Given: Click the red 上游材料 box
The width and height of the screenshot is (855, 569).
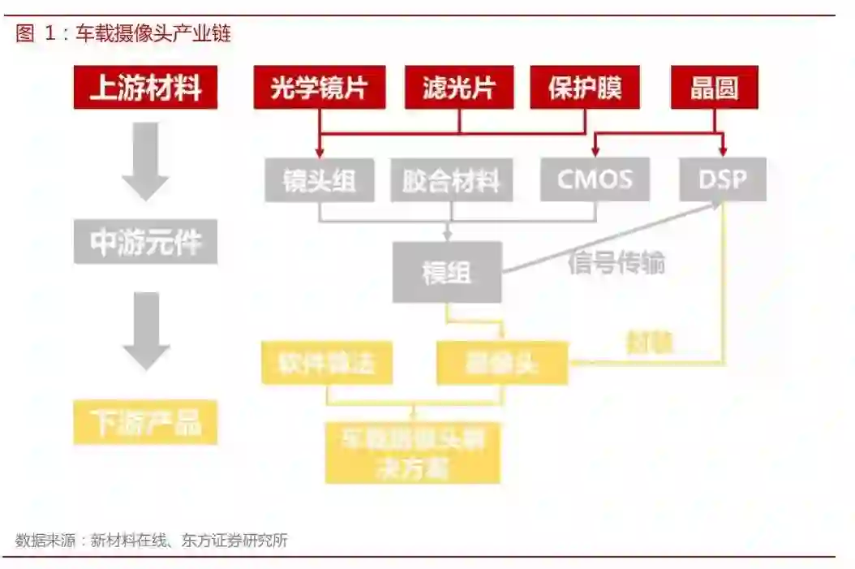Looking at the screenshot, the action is click(x=146, y=88).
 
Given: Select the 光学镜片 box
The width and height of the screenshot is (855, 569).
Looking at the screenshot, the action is click(x=319, y=88).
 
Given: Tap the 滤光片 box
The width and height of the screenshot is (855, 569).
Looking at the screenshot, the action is click(x=459, y=88).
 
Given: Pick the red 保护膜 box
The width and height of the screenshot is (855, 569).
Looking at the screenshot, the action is click(x=585, y=88).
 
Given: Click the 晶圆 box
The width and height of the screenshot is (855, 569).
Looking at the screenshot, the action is click(x=714, y=88).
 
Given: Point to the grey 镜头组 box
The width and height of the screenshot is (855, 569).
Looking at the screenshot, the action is click(x=319, y=179).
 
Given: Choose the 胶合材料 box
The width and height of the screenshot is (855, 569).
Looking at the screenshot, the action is click(x=451, y=179).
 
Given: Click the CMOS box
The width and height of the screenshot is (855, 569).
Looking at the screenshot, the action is click(x=595, y=179).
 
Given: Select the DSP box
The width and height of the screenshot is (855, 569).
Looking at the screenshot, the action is click(x=723, y=179).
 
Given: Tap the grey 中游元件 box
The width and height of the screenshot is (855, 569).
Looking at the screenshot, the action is click(x=146, y=242).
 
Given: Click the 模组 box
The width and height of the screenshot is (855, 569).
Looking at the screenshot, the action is click(x=446, y=272).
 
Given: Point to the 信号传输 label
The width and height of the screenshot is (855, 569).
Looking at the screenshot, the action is click(x=617, y=263).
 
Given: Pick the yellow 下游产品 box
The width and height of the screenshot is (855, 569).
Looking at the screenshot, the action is click(x=146, y=422).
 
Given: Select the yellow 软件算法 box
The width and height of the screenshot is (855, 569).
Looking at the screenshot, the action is click(x=327, y=362).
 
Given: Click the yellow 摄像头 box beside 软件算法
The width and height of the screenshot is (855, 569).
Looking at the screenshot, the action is click(x=502, y=362).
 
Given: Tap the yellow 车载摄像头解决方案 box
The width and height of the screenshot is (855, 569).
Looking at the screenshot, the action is click(x=413, y=452).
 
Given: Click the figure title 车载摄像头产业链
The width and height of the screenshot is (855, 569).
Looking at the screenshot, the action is click(x=153, y=34).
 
